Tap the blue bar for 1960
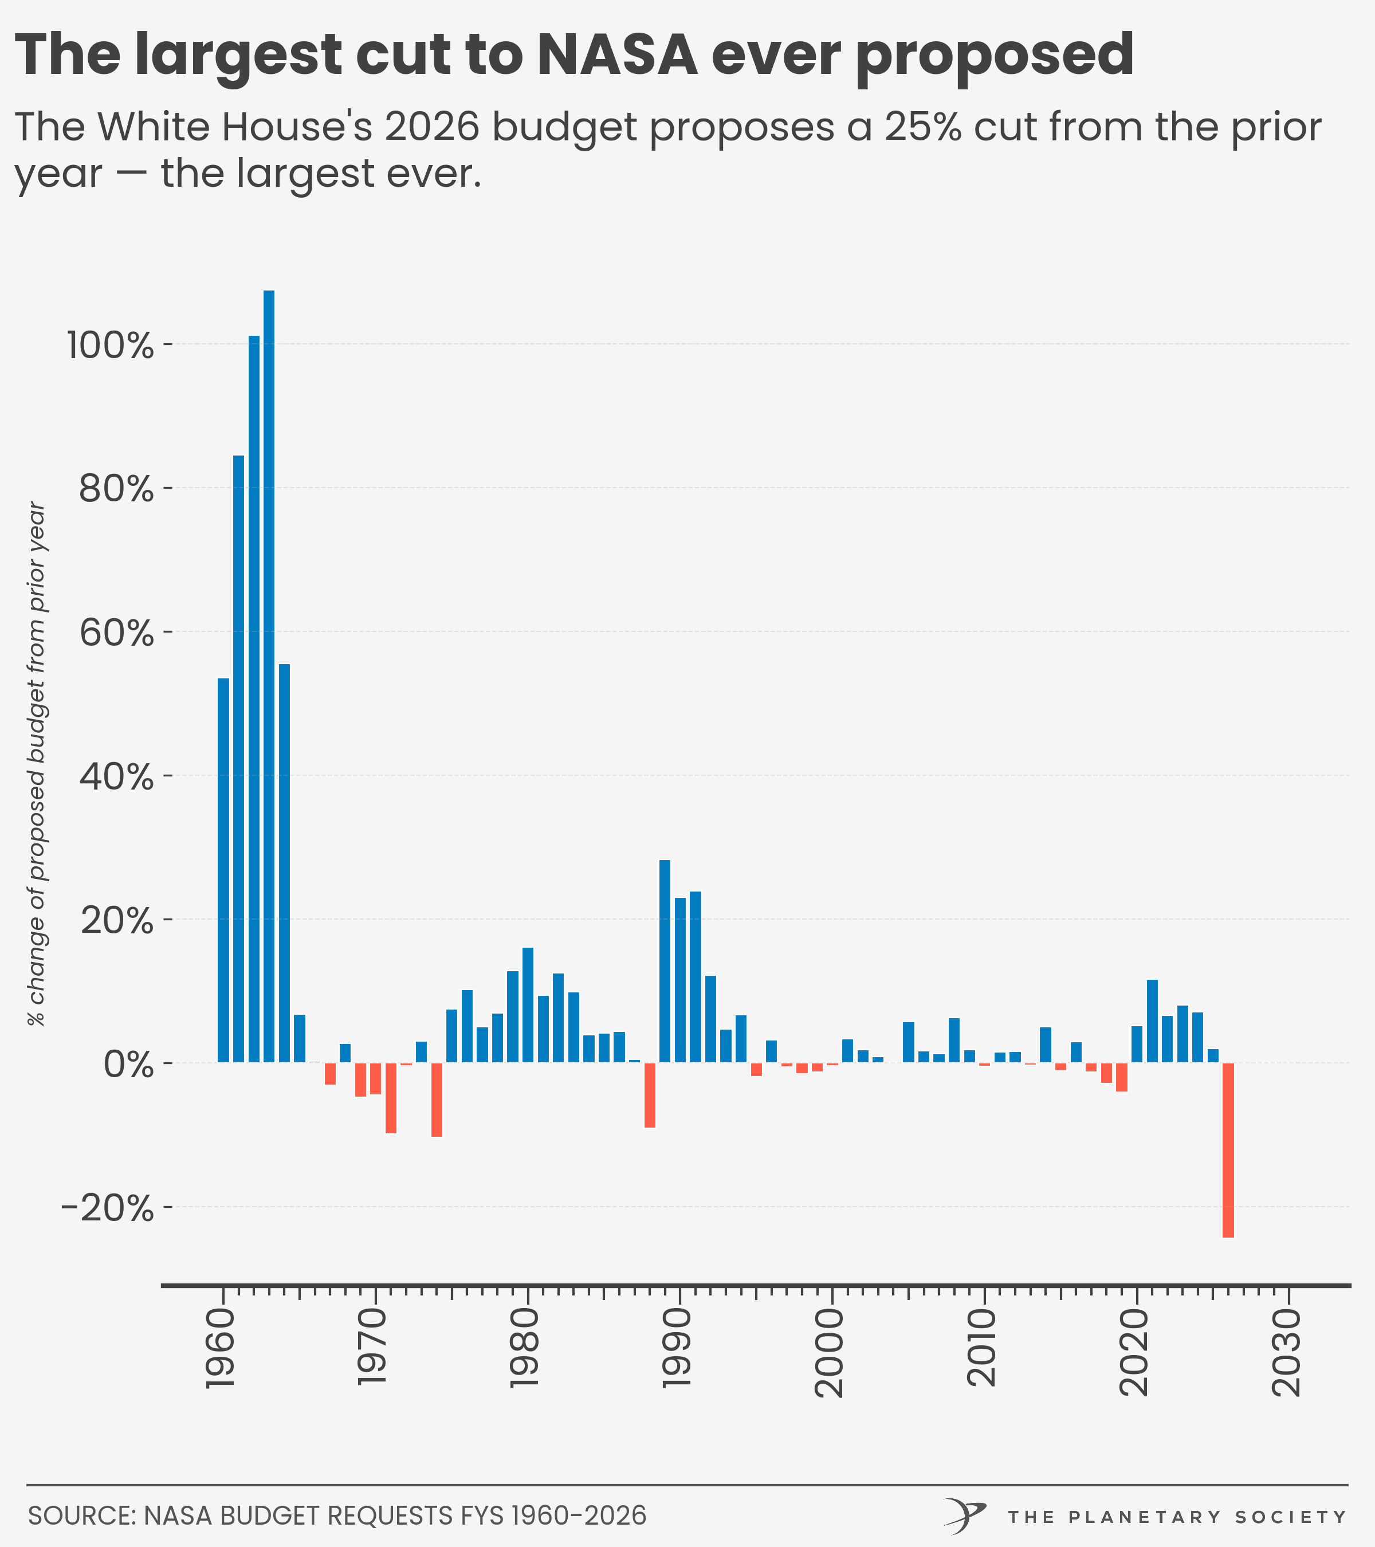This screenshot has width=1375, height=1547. [x=223, y=870]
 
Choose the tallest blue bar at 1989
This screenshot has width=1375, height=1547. [x=665, y=961]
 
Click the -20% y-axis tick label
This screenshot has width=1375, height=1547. [x=108, y=1209]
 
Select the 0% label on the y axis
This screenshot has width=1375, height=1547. [x=129, y=1065]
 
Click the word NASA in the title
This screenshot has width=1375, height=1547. [x=616, y=54]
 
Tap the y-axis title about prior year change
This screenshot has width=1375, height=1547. [x=36, y=764]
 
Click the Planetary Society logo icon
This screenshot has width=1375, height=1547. [x=964, y=1516]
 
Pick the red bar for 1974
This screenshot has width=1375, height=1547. [x=437, y=1100]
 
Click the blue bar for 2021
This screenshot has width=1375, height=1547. [x=1152, y=1021]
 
